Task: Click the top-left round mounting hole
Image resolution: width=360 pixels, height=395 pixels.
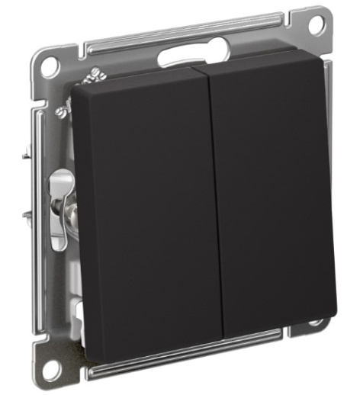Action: point(50,67)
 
